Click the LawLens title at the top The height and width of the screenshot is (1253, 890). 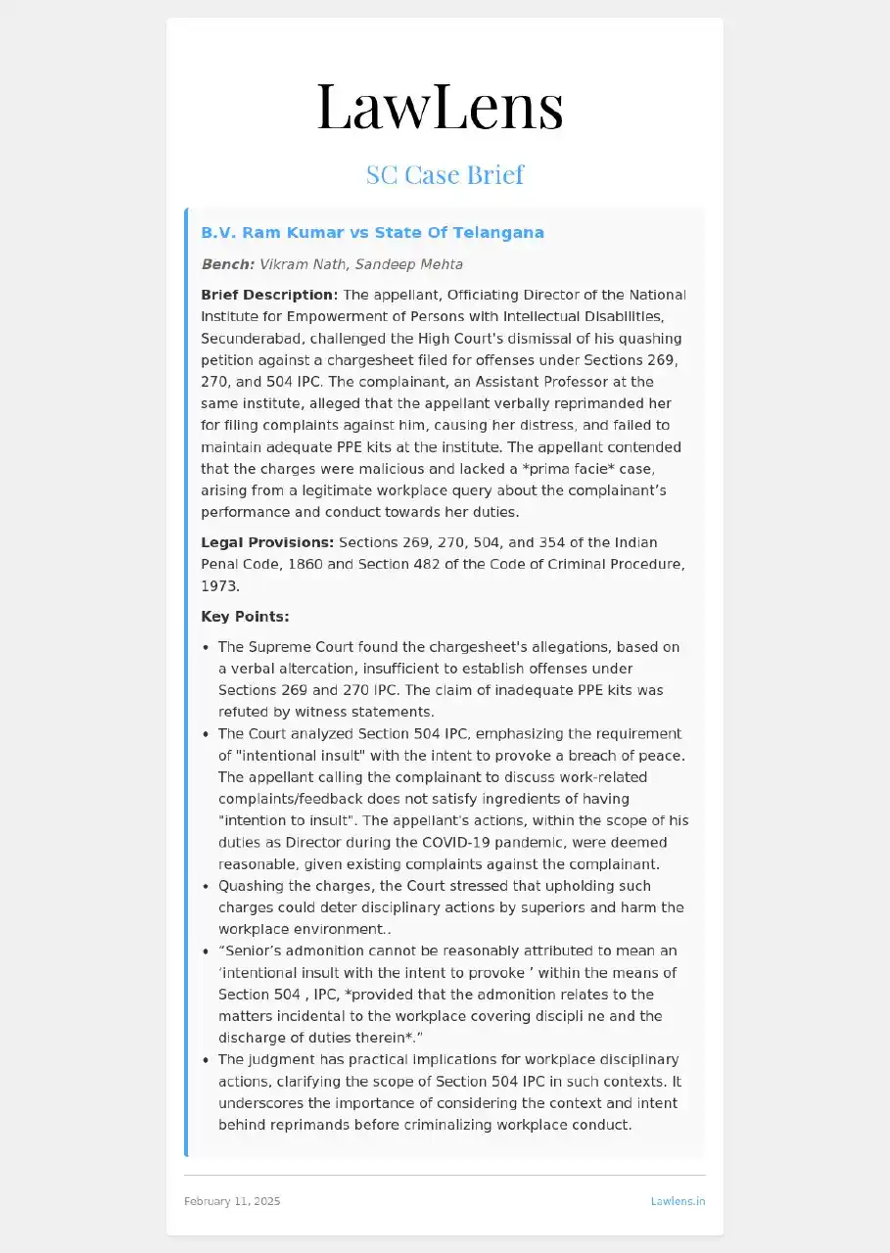(x=441, y=107)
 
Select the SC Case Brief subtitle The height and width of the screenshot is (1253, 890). (x=445, y=175)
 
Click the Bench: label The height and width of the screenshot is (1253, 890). (x=228, y=264)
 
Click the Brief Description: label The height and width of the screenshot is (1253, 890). (x=269, y=295)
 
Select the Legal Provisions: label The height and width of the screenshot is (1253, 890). (x=267, y=542)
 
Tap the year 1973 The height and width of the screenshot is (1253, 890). (x=220, y=585)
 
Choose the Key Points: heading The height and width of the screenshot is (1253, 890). (x=245, y=617)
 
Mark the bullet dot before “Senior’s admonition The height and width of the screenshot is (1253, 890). (x=206, y=951)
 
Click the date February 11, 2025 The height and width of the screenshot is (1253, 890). (x=232, y=1201)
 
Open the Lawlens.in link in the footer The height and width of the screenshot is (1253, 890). (x=678, y=1201)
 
